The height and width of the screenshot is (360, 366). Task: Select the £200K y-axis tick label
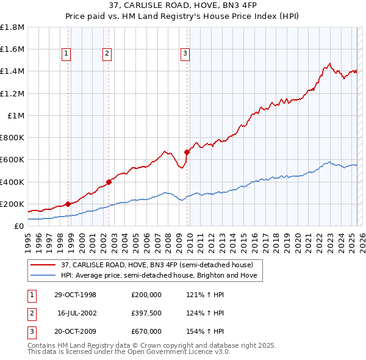click(x=12, y=204)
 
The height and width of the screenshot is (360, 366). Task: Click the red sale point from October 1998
click(x=68, y=204)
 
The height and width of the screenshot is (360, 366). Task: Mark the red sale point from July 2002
click(x=109, y=181)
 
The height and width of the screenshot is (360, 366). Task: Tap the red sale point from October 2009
click(x=187, y=152)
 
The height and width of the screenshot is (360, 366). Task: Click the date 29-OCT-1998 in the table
click(x=76, y=295)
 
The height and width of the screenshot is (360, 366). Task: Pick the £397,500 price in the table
click(x=146, y=313)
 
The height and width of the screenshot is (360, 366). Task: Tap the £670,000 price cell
click(x=146, y=331)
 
